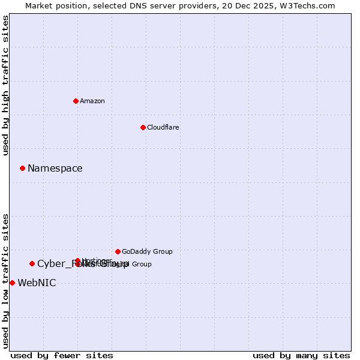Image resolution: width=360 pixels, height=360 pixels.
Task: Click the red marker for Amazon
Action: point(76,101)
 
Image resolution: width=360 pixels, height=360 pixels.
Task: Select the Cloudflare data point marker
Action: point(143,127)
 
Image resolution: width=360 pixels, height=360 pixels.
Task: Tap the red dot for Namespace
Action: point(22,168)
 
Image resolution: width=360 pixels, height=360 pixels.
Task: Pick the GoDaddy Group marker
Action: point(118,251)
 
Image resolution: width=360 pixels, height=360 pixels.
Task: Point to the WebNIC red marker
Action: point(12,283)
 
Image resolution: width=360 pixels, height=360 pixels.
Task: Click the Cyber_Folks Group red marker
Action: point(32,263)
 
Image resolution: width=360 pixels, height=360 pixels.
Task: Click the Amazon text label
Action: point(92,101)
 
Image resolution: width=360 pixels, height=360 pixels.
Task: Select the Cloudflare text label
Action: point(163,127)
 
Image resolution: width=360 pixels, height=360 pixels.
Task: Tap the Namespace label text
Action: point(55,169)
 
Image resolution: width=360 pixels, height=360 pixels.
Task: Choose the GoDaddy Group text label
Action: point(146,251)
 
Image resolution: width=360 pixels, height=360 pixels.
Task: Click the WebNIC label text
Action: point(37,283)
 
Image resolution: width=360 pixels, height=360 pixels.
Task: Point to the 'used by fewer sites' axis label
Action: point(62,355)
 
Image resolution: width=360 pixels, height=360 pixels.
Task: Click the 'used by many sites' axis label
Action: point(301,355)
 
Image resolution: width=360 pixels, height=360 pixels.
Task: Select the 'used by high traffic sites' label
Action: point(5,85)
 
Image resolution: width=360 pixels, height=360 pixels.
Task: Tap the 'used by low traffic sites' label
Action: point(5,281)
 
